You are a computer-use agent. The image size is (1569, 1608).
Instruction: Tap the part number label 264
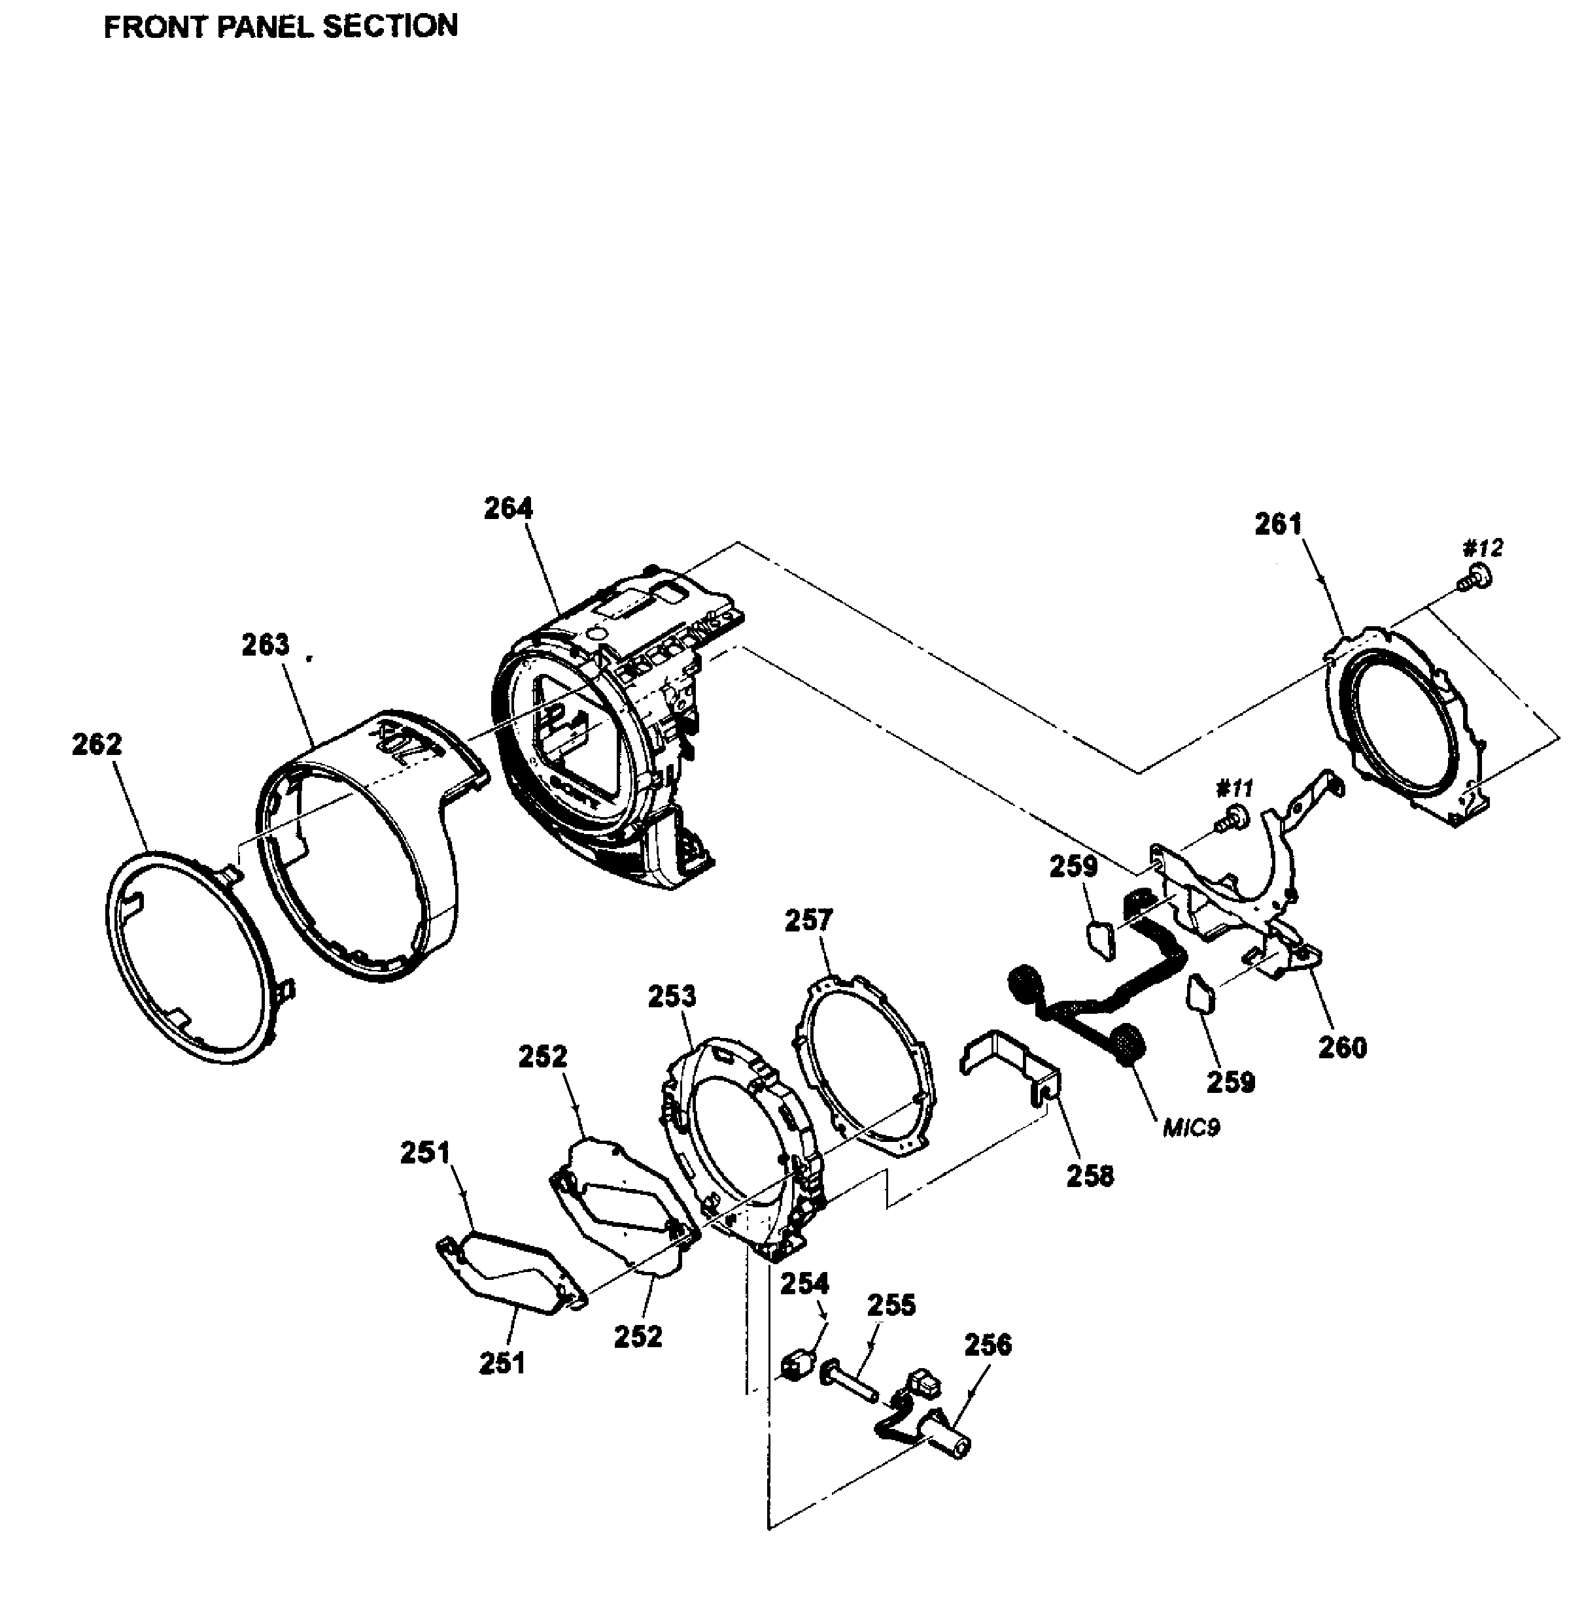click(508, 509)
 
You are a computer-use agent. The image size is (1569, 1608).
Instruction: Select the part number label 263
click(266, 645)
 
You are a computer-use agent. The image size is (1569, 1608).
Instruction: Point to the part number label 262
click(96, 744)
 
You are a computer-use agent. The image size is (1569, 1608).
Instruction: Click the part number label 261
click(1278, 524)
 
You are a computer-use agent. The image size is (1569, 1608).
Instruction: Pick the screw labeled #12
click(1475, 576)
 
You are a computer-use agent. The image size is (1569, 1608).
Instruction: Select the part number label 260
click(1343, 1048)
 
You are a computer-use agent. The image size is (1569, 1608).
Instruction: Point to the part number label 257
click(808, 919)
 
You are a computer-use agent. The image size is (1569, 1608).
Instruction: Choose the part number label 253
click(672, 996)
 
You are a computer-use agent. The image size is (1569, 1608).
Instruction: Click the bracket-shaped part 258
click(1009, 1063)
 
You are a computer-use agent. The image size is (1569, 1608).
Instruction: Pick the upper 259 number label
click(1074, 867)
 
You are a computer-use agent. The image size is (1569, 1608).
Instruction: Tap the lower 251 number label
click(502, 1364)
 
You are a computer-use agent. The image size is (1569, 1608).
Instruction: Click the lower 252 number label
click(638, 1336)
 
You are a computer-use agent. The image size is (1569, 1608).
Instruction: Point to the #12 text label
click(1483, 548)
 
